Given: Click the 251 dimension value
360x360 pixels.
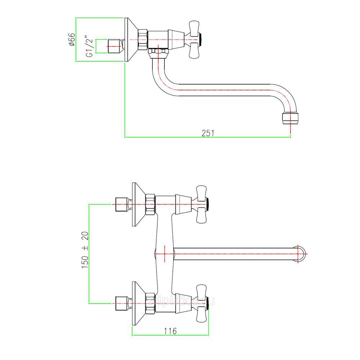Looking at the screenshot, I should click(x=208, y=133).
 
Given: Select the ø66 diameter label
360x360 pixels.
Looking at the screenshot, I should click(x=71, y=39).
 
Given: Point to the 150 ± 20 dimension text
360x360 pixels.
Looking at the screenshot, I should click(x=85, y=250).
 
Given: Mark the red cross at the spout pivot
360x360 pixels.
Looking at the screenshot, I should click(x=164, y=253).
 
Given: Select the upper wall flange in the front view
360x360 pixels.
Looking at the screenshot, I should click(x=138, y=204).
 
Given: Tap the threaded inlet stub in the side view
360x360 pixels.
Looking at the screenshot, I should click(x=115, y=45).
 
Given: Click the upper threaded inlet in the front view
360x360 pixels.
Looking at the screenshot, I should click(x=121, y=204).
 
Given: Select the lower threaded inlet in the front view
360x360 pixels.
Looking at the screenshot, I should click(x=121, y=303).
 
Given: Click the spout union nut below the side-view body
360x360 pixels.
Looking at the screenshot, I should click(x=159, y=54).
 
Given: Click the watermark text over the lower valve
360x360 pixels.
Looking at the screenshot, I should click(x=180, y=300).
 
